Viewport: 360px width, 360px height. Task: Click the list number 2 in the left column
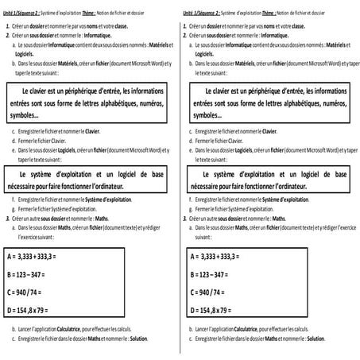(x=6, y=36)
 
